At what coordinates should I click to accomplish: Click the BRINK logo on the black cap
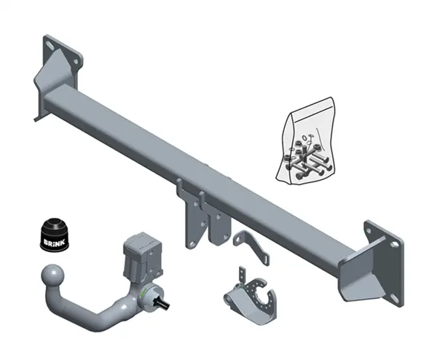[54, 241]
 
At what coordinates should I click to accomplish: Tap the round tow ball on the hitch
[52, 275]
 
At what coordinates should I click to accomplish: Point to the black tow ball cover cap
[55, 234]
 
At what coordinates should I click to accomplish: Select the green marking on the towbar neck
[143, 293]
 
